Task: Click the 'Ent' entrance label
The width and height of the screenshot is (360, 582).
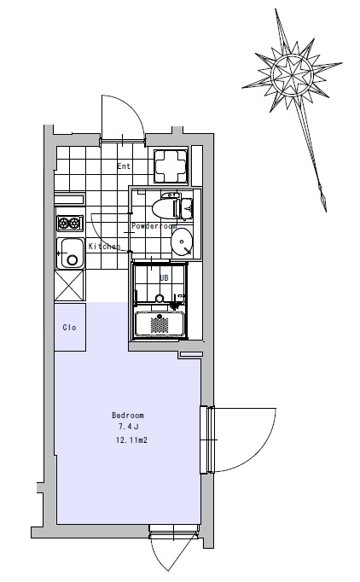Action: point(124,166)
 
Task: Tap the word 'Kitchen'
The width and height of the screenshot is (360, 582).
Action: point(104,246)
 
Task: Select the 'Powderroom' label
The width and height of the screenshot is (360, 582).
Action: point(154,225)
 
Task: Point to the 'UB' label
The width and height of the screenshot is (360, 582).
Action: point(164,277)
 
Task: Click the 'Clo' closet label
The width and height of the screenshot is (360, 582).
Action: point(69,328)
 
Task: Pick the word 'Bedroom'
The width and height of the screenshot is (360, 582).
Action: point(128,415)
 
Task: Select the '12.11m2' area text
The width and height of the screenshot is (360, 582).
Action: point(131,440)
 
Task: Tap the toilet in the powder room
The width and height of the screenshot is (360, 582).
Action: point(171,207)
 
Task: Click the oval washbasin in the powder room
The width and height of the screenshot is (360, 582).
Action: point(182,242)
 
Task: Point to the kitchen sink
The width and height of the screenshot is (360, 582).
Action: point(70,253)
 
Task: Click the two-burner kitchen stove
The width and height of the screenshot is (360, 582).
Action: point(70,223)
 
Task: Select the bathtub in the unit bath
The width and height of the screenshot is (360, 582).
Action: point(160,324)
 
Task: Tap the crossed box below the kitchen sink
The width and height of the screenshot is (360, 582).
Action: point(70,285)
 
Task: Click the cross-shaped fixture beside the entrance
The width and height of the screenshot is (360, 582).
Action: point(171,166)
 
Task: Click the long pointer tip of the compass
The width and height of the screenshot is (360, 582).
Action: point(326,212)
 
